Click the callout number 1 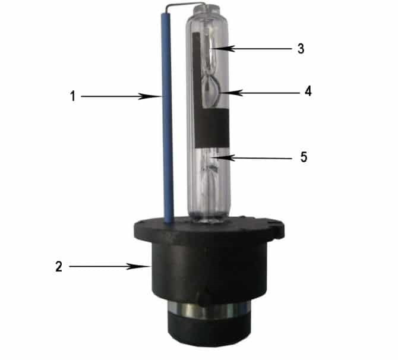pyautogui.click(x=73, y=96)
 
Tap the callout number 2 pyautogui.click(x=59, y=267)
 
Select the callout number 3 pyautogui.click(x=301, y=49)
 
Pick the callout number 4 pyautogui.click(x=308, y=91)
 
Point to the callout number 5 pyautogui.click(x=304, y=157)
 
